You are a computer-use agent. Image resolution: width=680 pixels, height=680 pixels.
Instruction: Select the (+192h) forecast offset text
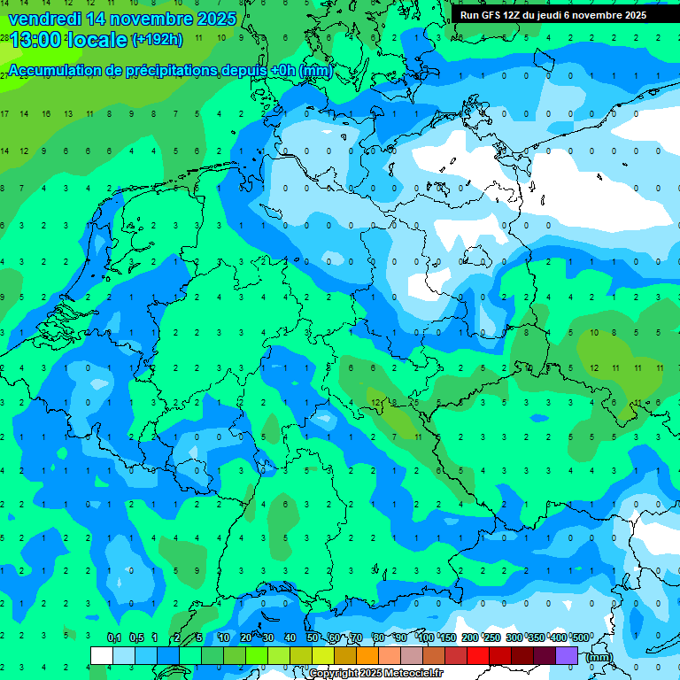[x=157, y=40]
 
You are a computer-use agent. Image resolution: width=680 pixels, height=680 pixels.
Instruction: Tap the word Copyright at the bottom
[x=334, y=674]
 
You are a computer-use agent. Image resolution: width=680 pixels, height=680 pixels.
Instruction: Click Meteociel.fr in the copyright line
[x=398, y=674]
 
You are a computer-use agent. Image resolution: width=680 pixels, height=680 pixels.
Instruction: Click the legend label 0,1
[x=113, y=638]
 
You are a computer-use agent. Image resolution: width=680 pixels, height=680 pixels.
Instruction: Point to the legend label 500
[x=579, y=638]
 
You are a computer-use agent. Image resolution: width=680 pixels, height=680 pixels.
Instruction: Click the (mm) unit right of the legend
[x=599, y=657]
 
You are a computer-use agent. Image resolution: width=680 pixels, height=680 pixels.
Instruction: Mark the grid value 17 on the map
[x=4, y=114]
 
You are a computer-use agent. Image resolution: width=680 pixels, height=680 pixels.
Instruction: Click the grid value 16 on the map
[x=45, y=114]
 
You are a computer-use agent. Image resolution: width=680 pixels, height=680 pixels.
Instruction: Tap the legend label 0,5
[x=135, y=638]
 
